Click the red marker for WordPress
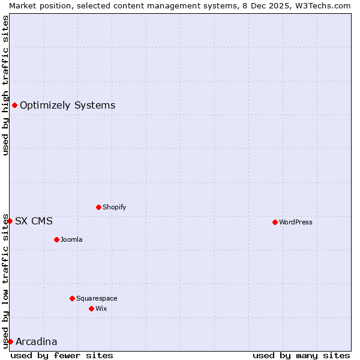pos(275,222)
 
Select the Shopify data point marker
pos(98,207)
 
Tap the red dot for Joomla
pos(56,239)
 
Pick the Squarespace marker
pos(72,298)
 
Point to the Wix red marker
pos(91,308)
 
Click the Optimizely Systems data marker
pos(14,106)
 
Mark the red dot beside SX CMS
pos(10,221)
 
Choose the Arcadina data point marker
pos(10,341)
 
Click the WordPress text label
pos(296,222)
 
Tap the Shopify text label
pos(115,207)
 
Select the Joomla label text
pos(71,239)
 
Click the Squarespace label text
pos(97,298)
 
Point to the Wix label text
pos(101,308)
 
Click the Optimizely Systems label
pos(68,106)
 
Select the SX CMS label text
pos(34,221)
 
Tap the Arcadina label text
pos(37,342)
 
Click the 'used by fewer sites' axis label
pos(62,355)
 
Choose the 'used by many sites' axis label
pos(301,355)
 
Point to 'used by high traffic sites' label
pos(5,85)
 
